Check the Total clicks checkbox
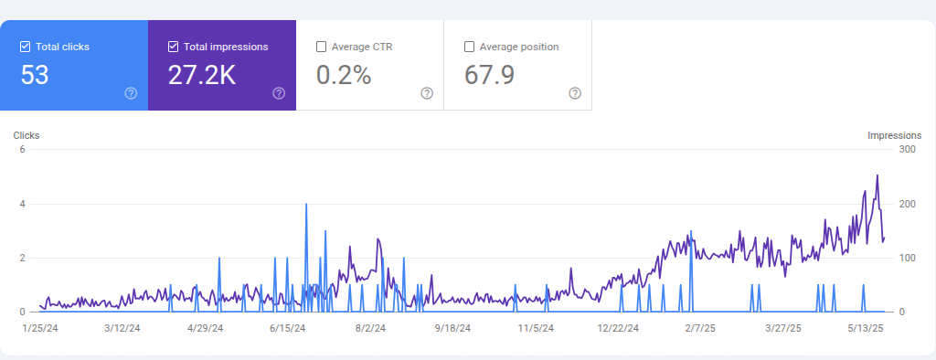tap(26, 47)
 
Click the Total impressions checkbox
tap(174, 47)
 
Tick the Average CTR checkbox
tap(321, 47)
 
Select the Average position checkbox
tap(470, 47)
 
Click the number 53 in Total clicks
tap(35, 76)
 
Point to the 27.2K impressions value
tap(202, 76)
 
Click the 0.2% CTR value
tap(344, 76)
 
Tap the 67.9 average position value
tap(490, 76)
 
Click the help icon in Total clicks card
tap(131, 93)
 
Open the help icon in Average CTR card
tap(427, 93)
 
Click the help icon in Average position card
tap(575, 93)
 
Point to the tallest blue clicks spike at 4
tap(305, 205)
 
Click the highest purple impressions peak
tap(877, 175)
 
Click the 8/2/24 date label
tap(369, 327)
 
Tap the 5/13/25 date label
tap(864, 327)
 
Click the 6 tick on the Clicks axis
tap(22, 150)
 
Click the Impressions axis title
tap(894, 135)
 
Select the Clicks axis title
tap(27, 135)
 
